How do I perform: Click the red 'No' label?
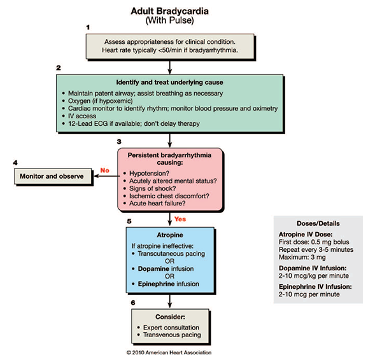click(x=104, y=170)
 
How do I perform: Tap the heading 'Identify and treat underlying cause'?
click(x=169, y=83)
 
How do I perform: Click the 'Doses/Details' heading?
click(x=316, y=224)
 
